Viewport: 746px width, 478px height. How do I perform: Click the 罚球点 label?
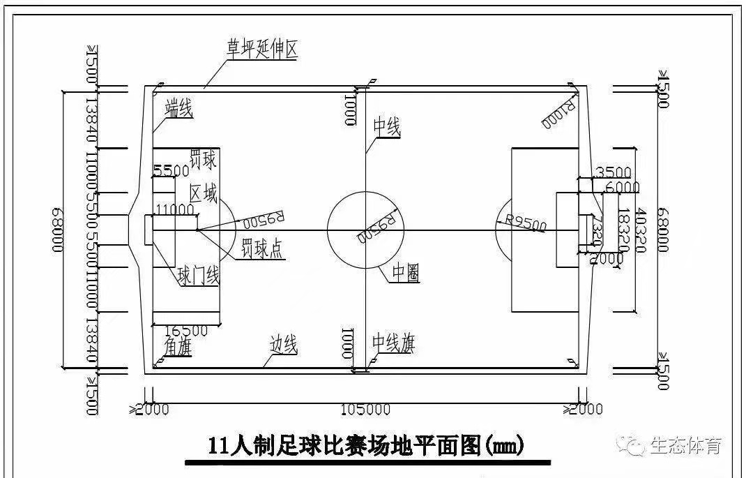pos(262,248)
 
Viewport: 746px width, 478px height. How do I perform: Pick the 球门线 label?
pos(199,276)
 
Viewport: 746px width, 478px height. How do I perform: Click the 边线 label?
pos(284,343)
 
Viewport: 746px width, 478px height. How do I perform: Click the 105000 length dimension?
pos(366,409)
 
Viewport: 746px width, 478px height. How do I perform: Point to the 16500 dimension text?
pos(186,329)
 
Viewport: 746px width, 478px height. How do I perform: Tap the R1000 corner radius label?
pos(558,114)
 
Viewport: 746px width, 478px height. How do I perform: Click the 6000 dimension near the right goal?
pos(622,187)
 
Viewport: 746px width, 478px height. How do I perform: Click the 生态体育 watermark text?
pos(685,445)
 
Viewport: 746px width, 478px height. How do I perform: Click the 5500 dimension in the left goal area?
pos(172,170)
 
